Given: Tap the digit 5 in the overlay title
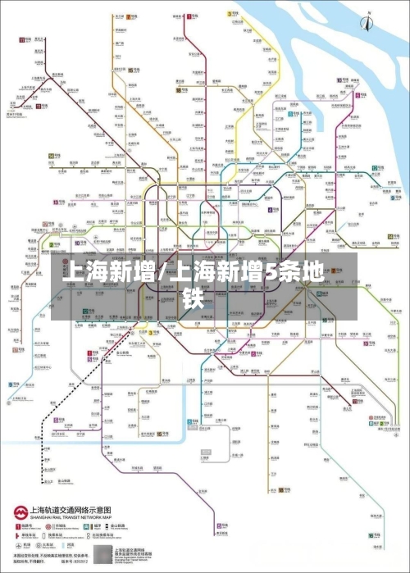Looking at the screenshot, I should coord(271,272).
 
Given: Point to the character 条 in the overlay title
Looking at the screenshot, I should coord(291,272).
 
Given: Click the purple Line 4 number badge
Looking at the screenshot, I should coord(270,209).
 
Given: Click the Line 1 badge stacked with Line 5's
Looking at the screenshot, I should coord(90,352).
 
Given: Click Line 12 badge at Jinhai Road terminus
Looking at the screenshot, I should coord(376,168).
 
